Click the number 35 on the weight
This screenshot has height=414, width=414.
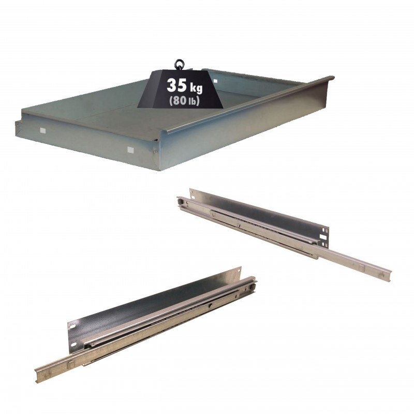pyautogui.click(x=177, y=85)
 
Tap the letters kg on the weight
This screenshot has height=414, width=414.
pyautogui.click(x=196, y=87)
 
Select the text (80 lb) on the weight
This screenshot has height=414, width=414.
pyautogui.click(x=184, y=101)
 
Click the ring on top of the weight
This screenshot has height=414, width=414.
pyautogui.click(x=180, y=64)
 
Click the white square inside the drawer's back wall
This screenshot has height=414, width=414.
pyautogui.click(x=216, y=81)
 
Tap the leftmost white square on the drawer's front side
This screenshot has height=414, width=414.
pyautogui.click(x=42, y=130)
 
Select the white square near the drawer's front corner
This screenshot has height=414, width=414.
pyautogui.click(x=130, y=150)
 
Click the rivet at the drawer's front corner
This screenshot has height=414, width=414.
pyautogui.click(x=155, y=151)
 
